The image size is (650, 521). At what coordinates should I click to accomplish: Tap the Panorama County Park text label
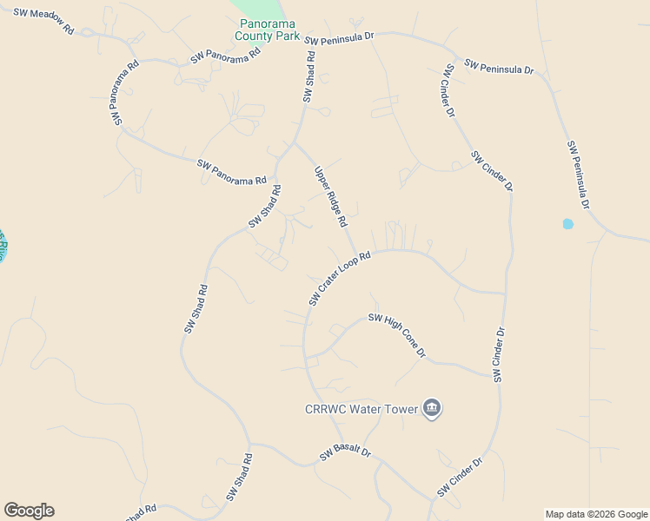(268, 30)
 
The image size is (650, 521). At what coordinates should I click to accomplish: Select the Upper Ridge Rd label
(331, 196)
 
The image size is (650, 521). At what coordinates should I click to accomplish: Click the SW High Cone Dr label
(397, 335)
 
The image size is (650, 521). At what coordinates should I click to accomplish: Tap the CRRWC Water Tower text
(360, 409)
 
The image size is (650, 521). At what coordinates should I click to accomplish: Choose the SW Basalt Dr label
(345, 453)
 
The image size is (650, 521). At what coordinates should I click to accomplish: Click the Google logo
(30, 511)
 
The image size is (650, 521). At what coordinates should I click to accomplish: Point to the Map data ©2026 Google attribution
(596, 514)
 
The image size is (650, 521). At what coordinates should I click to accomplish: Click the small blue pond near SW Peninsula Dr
(568, 224)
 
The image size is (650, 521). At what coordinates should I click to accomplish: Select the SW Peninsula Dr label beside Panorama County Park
(339, 38)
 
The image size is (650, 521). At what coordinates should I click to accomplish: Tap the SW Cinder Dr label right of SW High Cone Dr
(499, 354)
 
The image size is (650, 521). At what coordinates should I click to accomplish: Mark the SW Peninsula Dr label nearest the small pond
(578, 175)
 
